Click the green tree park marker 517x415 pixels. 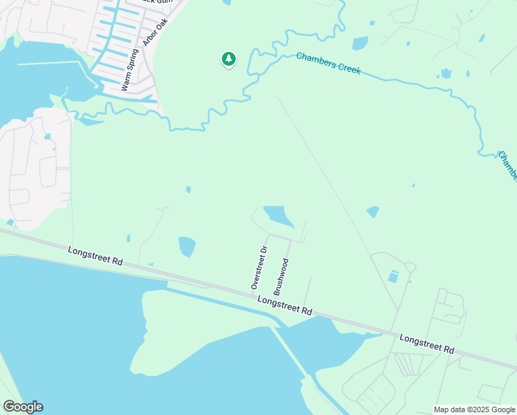[229, 60]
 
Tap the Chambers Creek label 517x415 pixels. [328, 64]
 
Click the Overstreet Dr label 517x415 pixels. [259, 268]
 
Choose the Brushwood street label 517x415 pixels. [281, 277]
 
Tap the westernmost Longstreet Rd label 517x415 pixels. [95, 256]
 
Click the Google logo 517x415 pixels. [23, 407]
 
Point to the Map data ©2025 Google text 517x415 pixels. [474, 409]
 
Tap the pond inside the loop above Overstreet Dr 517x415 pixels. [279, 216]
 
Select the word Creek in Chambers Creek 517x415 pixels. [348, 68]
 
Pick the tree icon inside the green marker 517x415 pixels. [229, 59]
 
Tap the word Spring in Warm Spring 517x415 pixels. [133, 61]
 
